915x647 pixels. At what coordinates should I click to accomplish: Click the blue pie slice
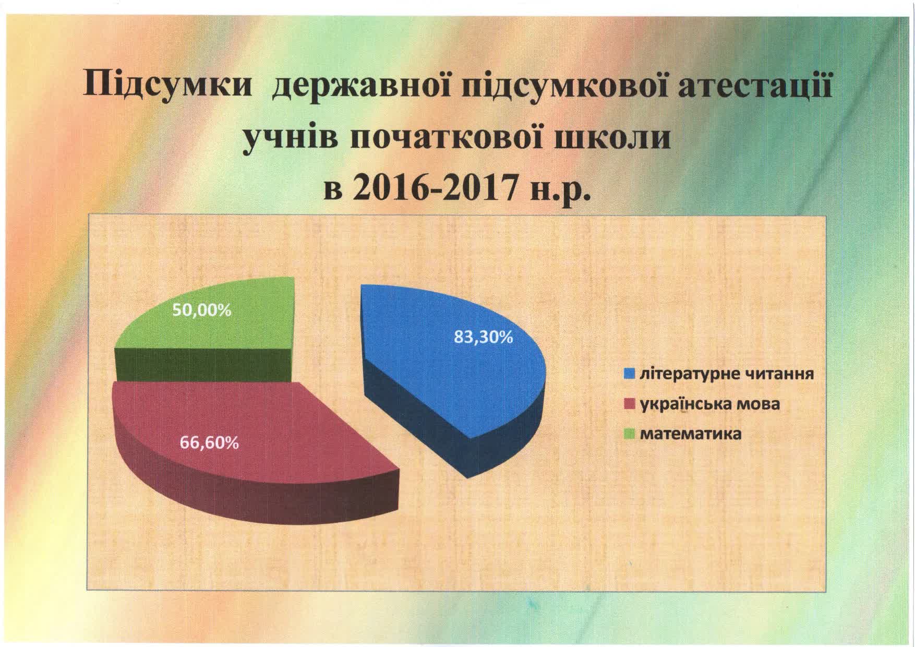point(454,376)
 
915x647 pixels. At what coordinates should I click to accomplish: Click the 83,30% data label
point(484,338)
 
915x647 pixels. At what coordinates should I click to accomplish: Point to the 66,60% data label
point(210,443)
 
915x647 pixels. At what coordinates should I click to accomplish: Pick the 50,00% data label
point(201,310)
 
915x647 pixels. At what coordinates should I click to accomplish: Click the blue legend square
point(630,374)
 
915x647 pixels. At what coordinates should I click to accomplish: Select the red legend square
point(630,404)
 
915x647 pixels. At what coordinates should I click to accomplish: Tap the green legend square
point(630,434)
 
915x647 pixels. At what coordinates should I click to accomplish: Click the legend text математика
point(690,434)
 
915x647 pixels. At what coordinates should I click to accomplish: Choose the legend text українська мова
point(710,404)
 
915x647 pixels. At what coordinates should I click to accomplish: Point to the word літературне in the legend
point(688,375)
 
